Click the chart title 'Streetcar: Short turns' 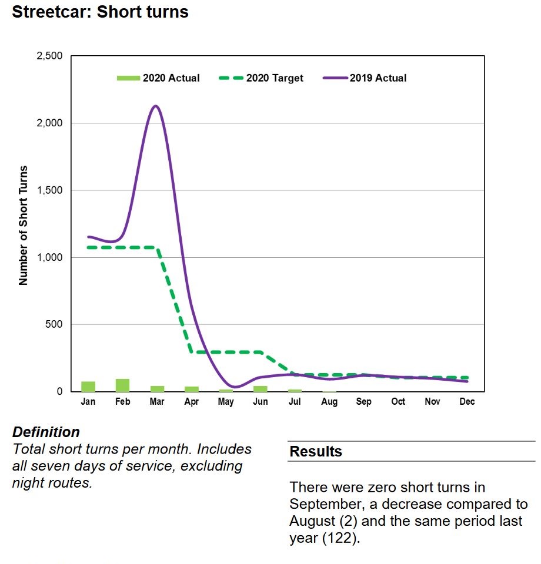pyautogui.click(x=100, y=12)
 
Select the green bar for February pyautogui.click(x=122, y=385)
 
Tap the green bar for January pyautogui.click(x=88, y=387)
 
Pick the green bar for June pyautogui.click(x=261, y=388)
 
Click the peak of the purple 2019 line pyautogui.click(x=155, y=106)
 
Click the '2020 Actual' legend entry pyautogui.click(x=159, y=78)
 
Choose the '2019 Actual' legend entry pyautogui.click(x=365, y=78)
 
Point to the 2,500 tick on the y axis pyautogui.click(x=50, y=56)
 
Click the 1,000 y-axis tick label pyautogui.click(x=50, y=257)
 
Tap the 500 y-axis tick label pyautogui.click(x=54, y=324)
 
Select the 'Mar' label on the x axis pyautogui.click(x=157, y=402)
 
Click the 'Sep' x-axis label pyautogui.click(x=364, y=402)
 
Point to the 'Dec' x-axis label pyautogui.click(x=467, y=402)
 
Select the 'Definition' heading pyautogui.click(x=46, y=432)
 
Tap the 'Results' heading pyautogui.click(x=316, y=452)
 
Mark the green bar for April pyautogui.click(x=192, y=389)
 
